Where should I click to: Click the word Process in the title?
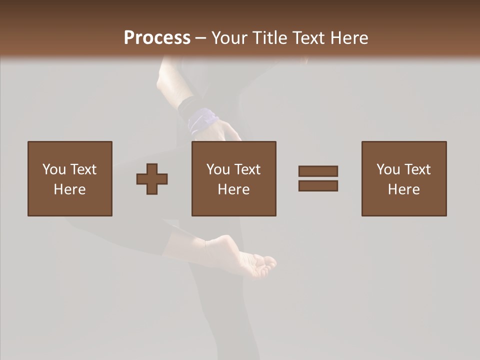[157, 38]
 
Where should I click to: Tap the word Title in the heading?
[270, 38]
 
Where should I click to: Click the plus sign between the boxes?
[152, 179]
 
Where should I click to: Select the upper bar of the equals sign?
[318, 171]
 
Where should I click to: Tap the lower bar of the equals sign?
[318, 186]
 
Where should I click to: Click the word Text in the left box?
[83, 169]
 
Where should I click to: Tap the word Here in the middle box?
[234, 189]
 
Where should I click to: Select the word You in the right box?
[388, 169]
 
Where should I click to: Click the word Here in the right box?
[404, 189]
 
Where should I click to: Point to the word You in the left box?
[54, 169]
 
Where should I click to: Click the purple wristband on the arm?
[203, 120]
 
